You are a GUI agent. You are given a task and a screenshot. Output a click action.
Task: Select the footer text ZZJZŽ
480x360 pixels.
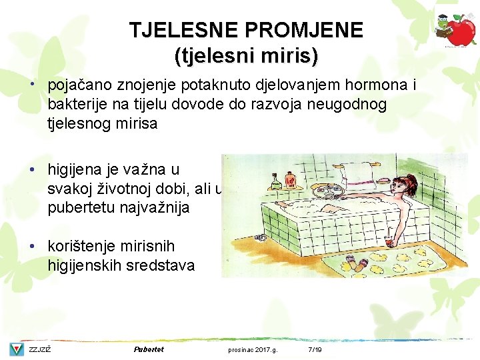(40, 350)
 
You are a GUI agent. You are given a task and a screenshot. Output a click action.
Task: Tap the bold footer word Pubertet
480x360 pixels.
(149, 349)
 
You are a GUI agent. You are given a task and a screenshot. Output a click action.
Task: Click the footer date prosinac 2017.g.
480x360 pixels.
(253, 350)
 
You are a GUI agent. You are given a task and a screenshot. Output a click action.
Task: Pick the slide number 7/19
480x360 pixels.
(315, 350)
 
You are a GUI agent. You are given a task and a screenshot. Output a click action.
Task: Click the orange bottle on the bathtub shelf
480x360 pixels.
(291, 179)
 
